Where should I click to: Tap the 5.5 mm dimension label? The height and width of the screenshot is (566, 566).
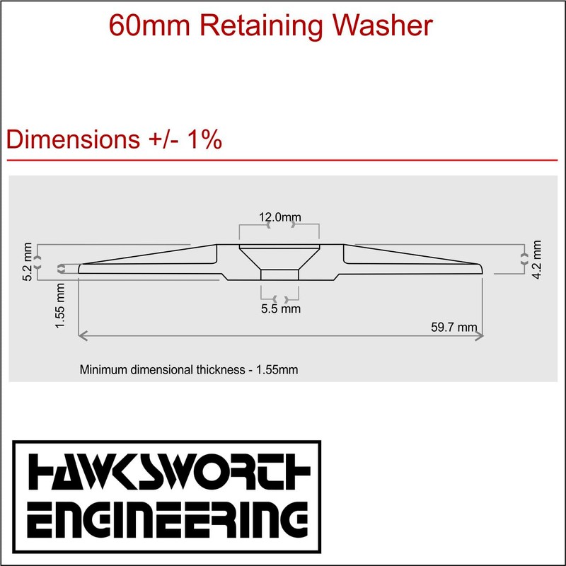[281, 308]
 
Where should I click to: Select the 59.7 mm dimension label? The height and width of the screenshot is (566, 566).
[454, 327]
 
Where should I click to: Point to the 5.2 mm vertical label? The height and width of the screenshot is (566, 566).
[27, 262]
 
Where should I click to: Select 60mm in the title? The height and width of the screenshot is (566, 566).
[144, 25]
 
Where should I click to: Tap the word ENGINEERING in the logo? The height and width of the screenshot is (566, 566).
[167, 520]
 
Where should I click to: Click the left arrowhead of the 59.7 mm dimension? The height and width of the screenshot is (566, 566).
[82, 337]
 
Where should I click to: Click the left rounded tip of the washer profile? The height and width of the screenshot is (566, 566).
[81, 268]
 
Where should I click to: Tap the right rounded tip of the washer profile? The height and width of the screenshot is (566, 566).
[481, 268]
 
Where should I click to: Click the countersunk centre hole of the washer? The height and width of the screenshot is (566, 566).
[279, 262]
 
